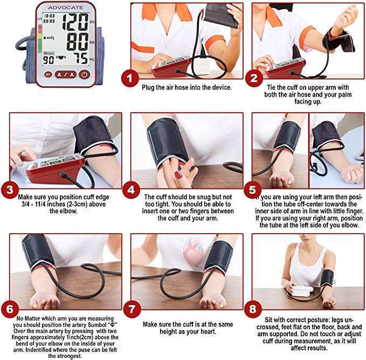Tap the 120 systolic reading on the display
tap(76, 23)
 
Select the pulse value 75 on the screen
tap(80, 58)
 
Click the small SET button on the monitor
tap(48, 74)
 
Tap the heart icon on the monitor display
tap(60, 58)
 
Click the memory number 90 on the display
tap(48, 60)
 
